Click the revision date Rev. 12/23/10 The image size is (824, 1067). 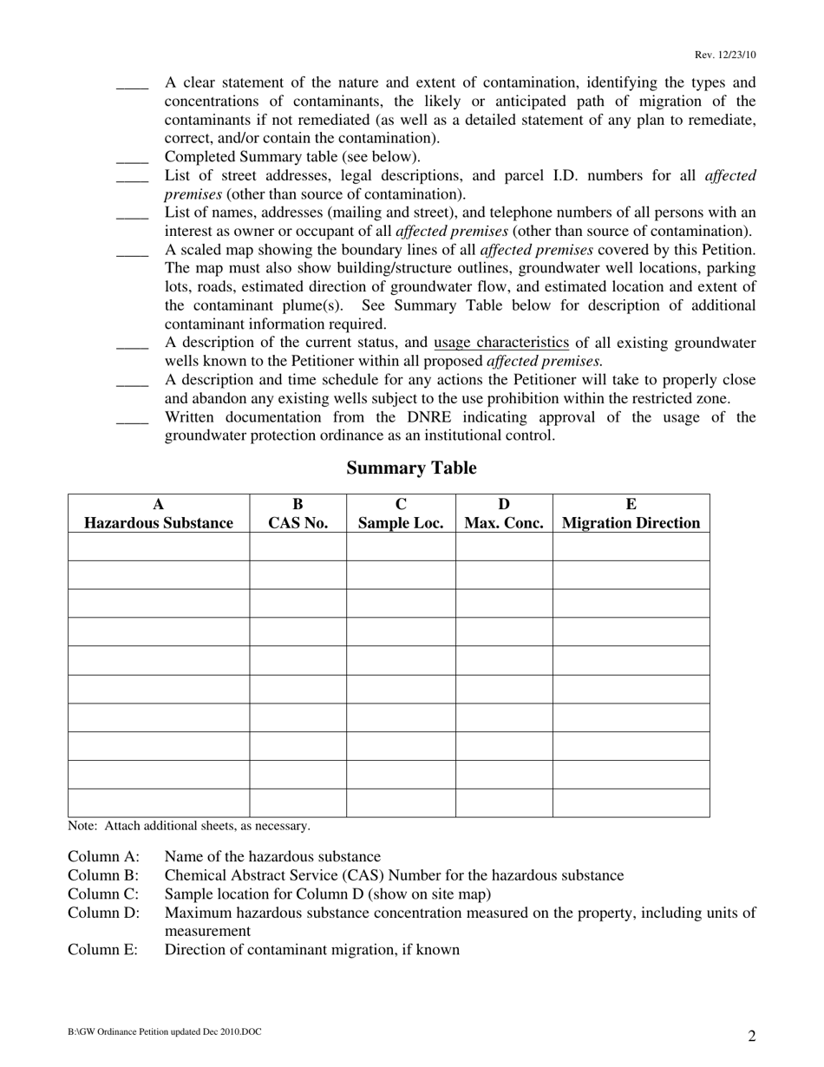click(x=724, y=55)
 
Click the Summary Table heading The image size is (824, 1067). click(x=411, y=468)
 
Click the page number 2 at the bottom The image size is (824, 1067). click(x=751, y=1036)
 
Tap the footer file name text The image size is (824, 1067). click(x=164, y=1032)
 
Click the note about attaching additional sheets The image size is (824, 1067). click(x=189, y=826)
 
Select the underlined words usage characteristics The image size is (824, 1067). click(x=501, y=343)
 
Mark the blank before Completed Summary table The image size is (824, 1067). click(x=132, y=158)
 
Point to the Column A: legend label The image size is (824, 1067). click(x=103, y=857)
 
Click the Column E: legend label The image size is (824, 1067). click(x=103, y=950)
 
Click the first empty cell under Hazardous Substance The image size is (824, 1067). click(x=159, y=547)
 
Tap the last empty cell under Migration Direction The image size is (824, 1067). click(x=631, y=802)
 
